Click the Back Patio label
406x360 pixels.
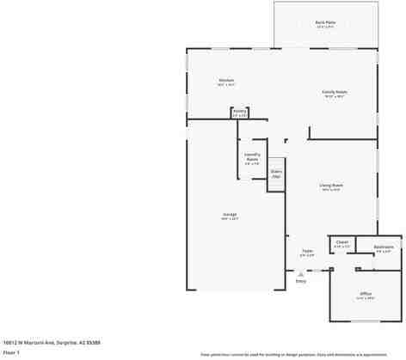coord(325,22)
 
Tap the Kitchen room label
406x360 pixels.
coord(226,81)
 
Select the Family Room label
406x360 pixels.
coord(335,92)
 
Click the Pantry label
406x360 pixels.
coord(240,111)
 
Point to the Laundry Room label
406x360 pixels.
coord(252,156)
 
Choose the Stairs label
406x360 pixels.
coord(276,174)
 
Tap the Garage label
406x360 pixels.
coord(230,214)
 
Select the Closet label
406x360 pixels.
coord(341,242)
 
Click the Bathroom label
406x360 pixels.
coord(384,247)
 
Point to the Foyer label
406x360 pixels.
coord(307,252)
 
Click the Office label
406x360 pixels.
coord(366,294)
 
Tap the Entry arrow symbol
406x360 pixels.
coord(300,272)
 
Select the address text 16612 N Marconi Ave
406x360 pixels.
coord(40,341)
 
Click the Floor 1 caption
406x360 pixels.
coord(12,351)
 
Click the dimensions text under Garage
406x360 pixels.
coord(230,219)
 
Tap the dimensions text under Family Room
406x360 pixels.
coord(335,96)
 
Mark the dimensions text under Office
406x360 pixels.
coord(366,298)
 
